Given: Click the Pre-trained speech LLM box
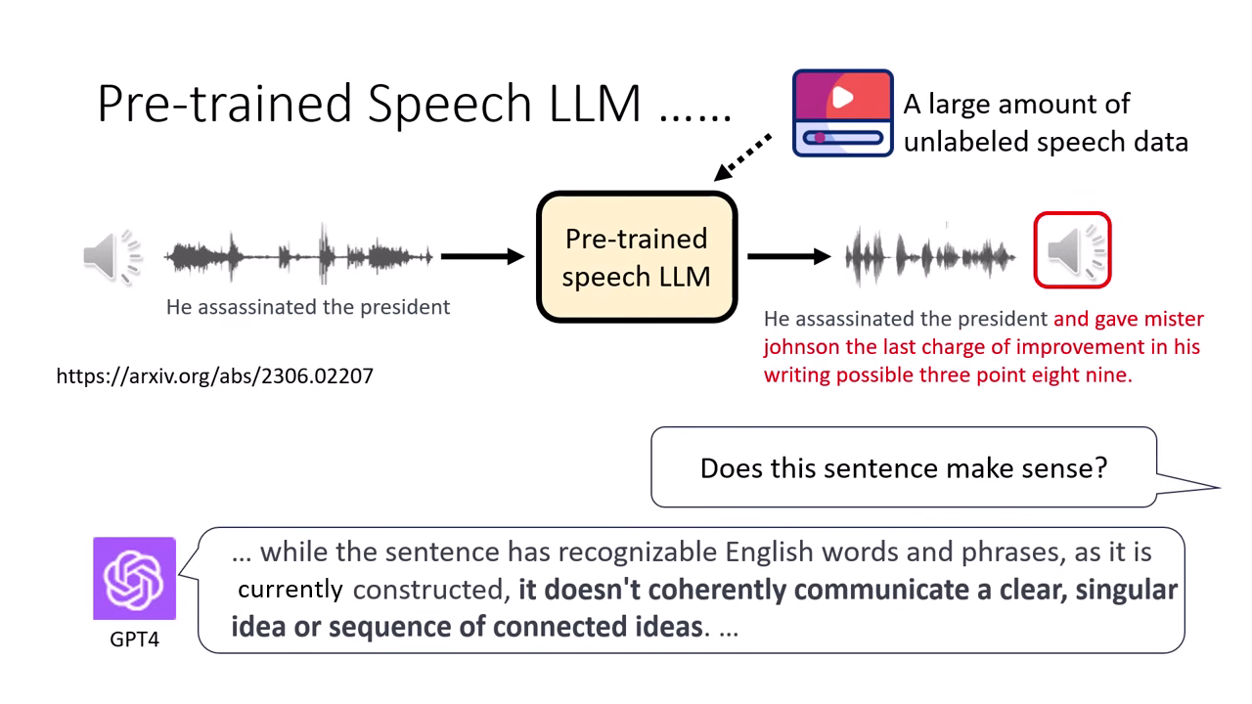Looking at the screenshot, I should tap(636, 257).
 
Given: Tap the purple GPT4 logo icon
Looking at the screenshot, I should tap(134, 579).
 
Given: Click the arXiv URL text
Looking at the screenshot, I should tap(215, 375).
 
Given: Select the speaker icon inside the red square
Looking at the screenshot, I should tap(1072, 251).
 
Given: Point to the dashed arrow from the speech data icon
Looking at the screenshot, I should tap(743, 157).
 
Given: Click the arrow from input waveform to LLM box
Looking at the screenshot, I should tap(482, 256).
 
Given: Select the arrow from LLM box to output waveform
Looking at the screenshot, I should tap(788, 256).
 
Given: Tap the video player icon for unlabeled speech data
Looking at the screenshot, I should tap(842, 113).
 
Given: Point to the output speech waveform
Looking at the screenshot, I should tap(929, 256).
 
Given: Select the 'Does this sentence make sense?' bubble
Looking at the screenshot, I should tap(903, 467).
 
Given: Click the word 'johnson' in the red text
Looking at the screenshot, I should tap(801, 347).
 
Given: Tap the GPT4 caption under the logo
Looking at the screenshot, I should tap(134, 639).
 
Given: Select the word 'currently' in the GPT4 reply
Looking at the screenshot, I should tap(290, 590).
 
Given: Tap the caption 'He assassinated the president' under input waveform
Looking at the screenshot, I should tap(308, 307).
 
